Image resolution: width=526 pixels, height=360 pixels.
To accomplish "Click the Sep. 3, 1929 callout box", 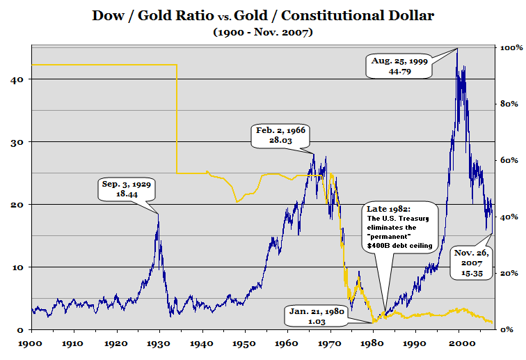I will (126, 190).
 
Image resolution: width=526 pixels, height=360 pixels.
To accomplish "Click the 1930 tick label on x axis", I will (159, 344).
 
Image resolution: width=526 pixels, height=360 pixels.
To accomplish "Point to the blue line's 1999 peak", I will (457, 49).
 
